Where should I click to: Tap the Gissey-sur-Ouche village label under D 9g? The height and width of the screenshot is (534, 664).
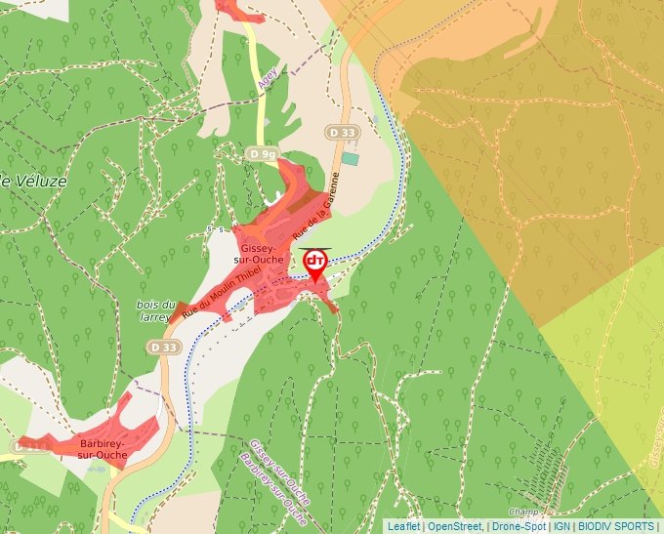(262, 255)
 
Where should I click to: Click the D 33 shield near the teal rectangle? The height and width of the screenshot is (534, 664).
(342, 132)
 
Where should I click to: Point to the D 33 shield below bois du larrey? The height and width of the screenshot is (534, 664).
(164, 347)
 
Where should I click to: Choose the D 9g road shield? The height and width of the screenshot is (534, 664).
(262, 154)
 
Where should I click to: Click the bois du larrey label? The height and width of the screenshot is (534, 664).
(156, 310)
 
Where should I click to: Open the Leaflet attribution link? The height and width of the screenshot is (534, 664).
(403, 526)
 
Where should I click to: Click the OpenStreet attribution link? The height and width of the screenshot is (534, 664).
(454, 526)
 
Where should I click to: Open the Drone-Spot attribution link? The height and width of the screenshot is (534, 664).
(519, 526)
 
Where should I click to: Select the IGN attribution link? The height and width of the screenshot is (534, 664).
(562, 526)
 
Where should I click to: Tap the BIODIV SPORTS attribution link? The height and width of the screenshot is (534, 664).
(617, 526)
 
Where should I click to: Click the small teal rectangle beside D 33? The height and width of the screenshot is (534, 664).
(350, 158)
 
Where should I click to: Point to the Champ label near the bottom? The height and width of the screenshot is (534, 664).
(524, 512)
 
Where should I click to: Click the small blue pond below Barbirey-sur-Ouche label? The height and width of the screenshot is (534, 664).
(95, 467)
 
